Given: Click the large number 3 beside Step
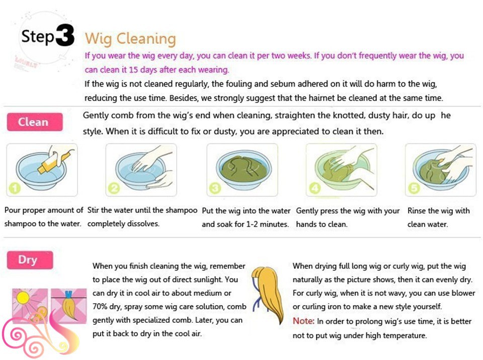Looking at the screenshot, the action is click(x=65, y=35).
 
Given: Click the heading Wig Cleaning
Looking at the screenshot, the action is click(x=130, y=39).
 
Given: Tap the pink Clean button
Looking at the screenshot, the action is click(x=35, y=122).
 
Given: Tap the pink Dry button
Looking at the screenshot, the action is click(x=30, y=260).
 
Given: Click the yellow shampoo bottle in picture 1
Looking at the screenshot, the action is click(x=53, y=162).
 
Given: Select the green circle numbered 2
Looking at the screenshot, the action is click(x=114, y=188).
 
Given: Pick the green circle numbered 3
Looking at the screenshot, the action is click(x=215, y=188).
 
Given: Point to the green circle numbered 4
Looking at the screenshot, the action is click(x=314, y=188).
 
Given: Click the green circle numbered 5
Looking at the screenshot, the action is click(x=414, y=188).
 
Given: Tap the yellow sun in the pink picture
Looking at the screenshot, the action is click(x=23, y=298).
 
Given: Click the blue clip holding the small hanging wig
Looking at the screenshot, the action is click(x=68, y=294).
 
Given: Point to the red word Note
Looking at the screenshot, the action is click(x=303, y=321).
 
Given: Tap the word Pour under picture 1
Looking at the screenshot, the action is click(x=13, y=210).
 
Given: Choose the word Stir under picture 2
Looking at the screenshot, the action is click(x=93, y=210).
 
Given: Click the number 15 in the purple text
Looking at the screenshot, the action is click(x=133, y=69).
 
